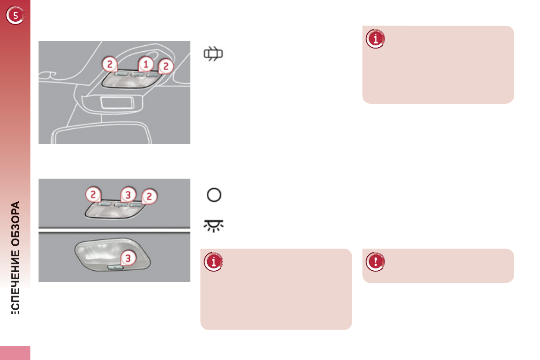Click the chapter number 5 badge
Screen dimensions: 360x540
[15, 16]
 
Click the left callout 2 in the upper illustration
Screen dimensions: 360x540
[109, 64]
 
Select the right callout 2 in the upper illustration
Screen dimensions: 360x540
[166, 66]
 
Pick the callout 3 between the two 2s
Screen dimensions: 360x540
[128, 195]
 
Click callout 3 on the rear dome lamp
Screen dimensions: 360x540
[128, 258]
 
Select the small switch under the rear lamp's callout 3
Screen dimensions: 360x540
[116, 268]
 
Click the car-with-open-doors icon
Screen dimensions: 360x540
[214, 54]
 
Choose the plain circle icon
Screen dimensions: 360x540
[214, 195]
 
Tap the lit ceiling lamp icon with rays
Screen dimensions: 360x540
[214, 226]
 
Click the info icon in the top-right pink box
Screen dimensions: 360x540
[375, 39]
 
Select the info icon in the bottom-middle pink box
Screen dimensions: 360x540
[213, 262]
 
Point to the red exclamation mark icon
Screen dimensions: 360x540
[375, 262]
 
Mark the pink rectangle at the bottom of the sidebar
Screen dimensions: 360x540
[15, 353]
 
